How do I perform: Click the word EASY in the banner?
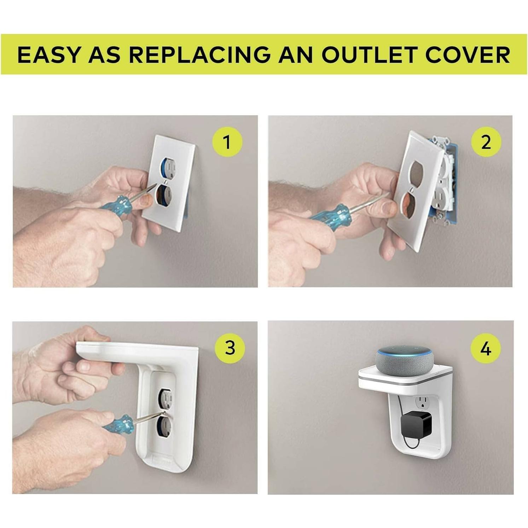coord(48,55)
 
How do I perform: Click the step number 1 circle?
coord(227,142)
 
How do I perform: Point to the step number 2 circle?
coord(486,142)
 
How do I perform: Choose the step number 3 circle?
coord(230,348)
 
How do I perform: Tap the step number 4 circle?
coord(486,349)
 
